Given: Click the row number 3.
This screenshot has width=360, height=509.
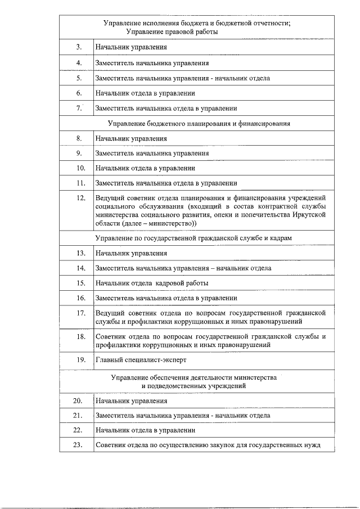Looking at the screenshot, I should (x=79, y=48).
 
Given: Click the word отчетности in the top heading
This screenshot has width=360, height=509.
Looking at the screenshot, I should (x=270, y=23).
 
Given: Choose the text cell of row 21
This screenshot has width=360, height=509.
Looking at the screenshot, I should (x=182, y=416).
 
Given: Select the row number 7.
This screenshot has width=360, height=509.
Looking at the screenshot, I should (x=79, y=108).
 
